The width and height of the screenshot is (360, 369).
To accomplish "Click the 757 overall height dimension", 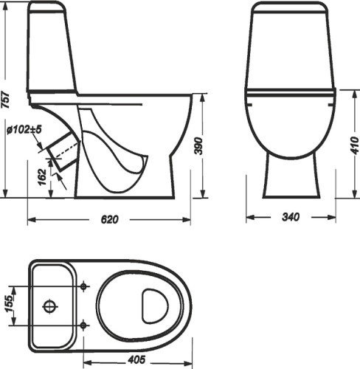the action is click(x=5, y=100).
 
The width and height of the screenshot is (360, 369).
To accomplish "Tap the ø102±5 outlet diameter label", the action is click(x=24, y=129).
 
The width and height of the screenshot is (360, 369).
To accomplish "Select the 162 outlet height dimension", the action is click(x=42, y=177).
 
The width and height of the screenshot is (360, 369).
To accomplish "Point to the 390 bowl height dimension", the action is click(x=198, y=146).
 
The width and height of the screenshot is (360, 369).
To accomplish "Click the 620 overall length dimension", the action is click(x=109, y=219).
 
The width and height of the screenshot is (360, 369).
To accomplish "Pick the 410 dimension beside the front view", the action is click(x=355, y=145).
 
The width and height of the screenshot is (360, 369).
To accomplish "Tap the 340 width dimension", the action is click(x=291, y=217).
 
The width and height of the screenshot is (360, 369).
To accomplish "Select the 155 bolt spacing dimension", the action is click(x=9, y=303).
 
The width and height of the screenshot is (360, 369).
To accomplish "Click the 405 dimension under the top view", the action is click(x=136, y=360).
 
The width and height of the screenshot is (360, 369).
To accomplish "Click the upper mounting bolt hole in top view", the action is click(x=83, y=286).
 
